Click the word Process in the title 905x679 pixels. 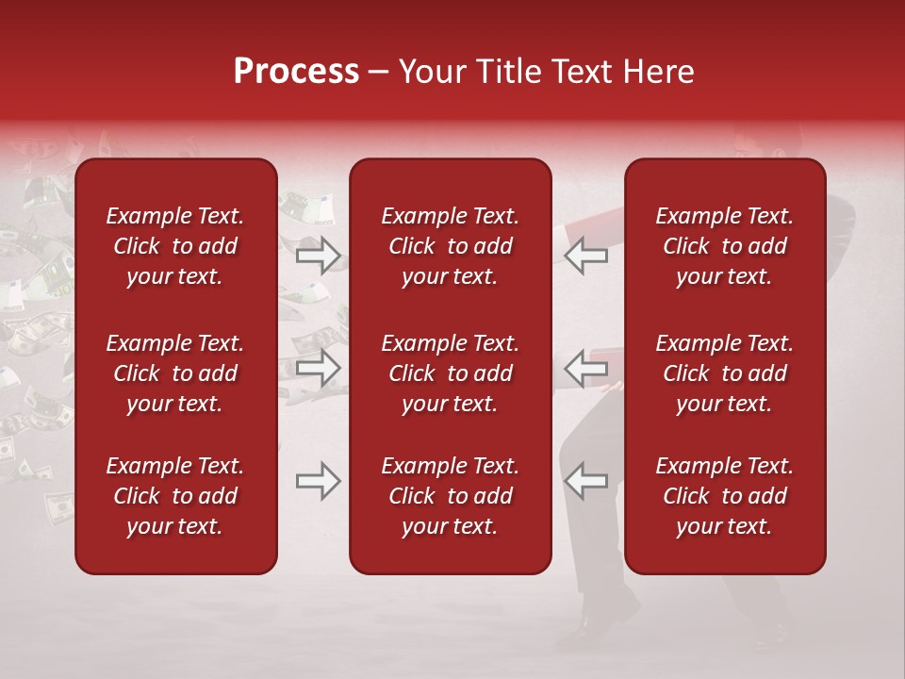(x=296, y=72)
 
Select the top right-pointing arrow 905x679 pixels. (x=319, y=255)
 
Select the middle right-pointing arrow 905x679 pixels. (x=319, y=368)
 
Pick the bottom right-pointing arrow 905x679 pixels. (x=319, y=481)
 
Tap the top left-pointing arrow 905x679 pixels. (x=585, y=255)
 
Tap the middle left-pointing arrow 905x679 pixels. (x=585, y=368)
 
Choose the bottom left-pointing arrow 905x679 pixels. (x=585, y=481)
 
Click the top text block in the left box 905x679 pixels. (x=175, y=246)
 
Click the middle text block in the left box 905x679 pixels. (x=175, y=373)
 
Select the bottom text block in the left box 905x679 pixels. (x=175, y=496)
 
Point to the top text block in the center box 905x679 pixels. (x=451, y=246)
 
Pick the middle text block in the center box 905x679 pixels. (x=451, y=373)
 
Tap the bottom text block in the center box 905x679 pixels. (x=451, y=496)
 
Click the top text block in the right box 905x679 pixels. (x=725, y=246)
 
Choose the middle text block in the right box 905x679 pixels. (x=725, y=373)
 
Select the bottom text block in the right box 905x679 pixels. (x=725, y=496)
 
